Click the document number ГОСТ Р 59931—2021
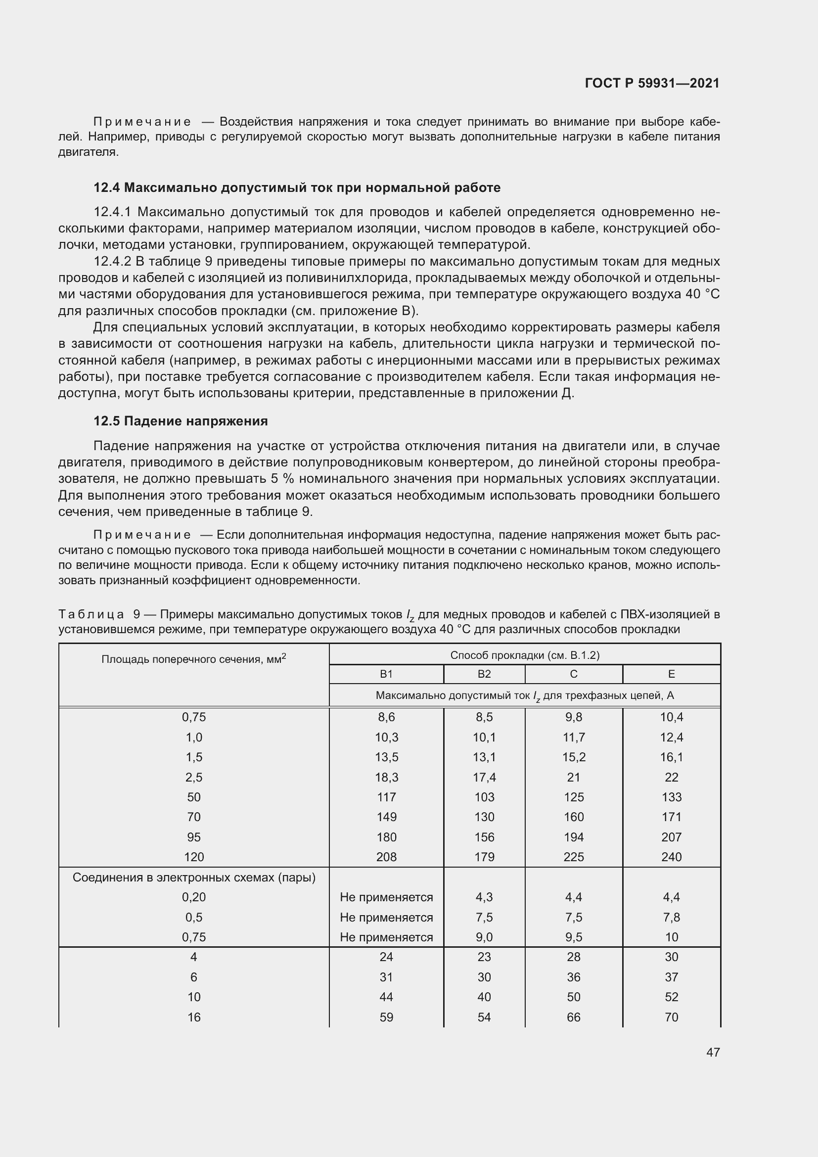pyautogui.click(x=652, y=83)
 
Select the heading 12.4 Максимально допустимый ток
pyautogui.click(x=297, y=188)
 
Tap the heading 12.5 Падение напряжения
pyautogui.click(x=181, y=421)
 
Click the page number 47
pyautogui.click(x=713, y=1052)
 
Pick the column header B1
pyautogui.click(x=386, y=674)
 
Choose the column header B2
pyautogui.click(x=484, y=674)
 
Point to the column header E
pyautogui.click(x=671, y=674)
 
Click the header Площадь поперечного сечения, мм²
pyautogui.click(x=194, y=659)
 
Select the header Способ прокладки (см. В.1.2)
pyautogui.click(x=524, y=655)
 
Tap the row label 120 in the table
pyautogui.click(x=194, y=857)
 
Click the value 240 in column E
pyautogui.click(x=671, y=857)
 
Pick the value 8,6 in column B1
pyautogui.click(x=386, y=717)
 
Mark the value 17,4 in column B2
pyautogui.click(x=484, y=777)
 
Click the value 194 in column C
pyautogui.click(x=573, y=837)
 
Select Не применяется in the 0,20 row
pyautogui.click(x=386, y=897)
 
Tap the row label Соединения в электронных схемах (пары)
pyautogui.click(x=194, y=878)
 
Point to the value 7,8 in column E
pyautogui.click(x=671, y=917)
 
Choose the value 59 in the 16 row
pyautogui.click(x=386, y=1017)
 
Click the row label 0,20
pyautogui.click(x=194, y=897)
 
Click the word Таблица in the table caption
pyautogui.click(x=91, y=615)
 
